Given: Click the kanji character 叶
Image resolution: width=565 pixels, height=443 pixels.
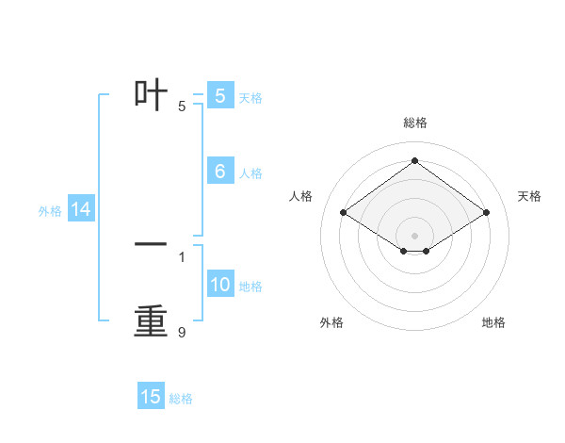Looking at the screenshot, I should pos(151,94).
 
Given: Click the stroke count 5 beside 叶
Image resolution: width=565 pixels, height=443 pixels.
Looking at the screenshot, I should pos(182,107).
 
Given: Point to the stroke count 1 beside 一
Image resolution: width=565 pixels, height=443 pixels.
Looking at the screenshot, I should pos(182,256).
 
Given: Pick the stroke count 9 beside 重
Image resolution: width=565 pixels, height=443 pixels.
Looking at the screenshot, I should pos(182,333).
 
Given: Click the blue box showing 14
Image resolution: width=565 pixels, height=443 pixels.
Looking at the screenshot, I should pos(81,210).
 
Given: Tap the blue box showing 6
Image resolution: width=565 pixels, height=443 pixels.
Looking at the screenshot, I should pos(219,171).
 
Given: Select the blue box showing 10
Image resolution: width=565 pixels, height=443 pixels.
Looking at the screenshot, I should pos(219,285).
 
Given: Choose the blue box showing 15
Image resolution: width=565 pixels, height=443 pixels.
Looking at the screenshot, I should pos(151,397).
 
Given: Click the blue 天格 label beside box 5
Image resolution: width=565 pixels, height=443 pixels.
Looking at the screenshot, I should pos(250,97).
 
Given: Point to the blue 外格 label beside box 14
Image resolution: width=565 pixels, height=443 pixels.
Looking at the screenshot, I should pos(50,211).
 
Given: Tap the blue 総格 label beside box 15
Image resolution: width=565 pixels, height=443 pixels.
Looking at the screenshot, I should pos(181,399).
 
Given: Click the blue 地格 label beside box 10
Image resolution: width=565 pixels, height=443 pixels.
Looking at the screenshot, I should pos(250,287).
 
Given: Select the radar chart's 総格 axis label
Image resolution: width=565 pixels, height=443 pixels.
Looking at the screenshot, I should pos(415,123).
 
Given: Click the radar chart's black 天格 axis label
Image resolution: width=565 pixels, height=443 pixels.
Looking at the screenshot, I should pos(529,196).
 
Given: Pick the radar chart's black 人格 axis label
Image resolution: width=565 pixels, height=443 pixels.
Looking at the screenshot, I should pos(300,196).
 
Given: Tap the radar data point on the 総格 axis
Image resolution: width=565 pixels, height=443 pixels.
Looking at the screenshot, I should pos(415,161).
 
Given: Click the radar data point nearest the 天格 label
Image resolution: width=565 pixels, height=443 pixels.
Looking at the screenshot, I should pos(486,213).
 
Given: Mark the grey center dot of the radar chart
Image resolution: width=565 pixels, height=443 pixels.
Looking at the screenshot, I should pos(415,235).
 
